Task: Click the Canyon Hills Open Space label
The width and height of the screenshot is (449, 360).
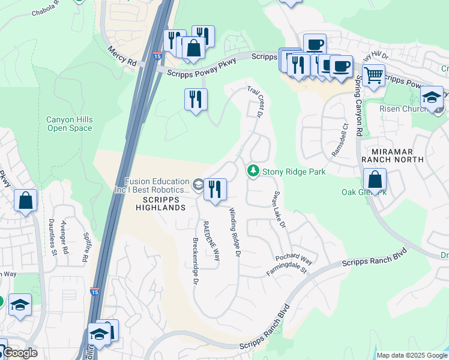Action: (70, 124)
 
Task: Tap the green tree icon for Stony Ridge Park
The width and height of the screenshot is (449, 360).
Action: (254, 172)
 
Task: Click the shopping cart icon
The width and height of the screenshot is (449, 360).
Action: (374, 76)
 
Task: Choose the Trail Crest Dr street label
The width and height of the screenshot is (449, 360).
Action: (256, 101)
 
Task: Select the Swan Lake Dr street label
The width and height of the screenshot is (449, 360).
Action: (279, 211)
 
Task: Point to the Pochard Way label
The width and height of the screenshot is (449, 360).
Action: (294, 259)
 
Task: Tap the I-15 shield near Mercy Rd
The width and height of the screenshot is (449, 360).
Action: (157, 56)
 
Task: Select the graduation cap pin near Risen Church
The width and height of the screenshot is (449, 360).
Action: (432, 97)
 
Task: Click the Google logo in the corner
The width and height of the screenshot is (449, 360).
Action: (19, 353)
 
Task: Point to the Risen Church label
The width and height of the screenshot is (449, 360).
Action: (403, 109)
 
